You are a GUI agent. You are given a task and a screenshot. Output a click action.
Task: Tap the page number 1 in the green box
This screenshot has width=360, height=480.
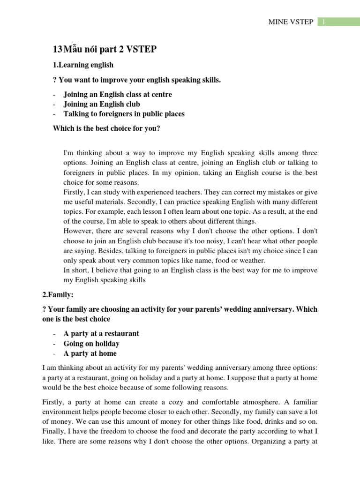pos(323,23)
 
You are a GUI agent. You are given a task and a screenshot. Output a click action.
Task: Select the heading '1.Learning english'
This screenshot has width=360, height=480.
pos(83,65)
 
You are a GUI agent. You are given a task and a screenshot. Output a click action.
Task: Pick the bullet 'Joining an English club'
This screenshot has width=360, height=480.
pos(102,104)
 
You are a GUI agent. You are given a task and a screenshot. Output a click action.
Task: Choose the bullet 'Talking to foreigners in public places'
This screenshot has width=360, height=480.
pos(124,114)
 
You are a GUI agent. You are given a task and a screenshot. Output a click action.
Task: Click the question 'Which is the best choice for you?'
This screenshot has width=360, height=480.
pos(106,128)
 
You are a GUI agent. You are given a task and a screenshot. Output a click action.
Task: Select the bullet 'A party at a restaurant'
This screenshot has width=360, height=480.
pos(101,334)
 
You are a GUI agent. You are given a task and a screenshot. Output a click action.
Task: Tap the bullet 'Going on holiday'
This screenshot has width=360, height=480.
pos(91,344)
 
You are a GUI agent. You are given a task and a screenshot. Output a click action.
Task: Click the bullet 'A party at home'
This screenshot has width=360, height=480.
pos(90,353)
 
